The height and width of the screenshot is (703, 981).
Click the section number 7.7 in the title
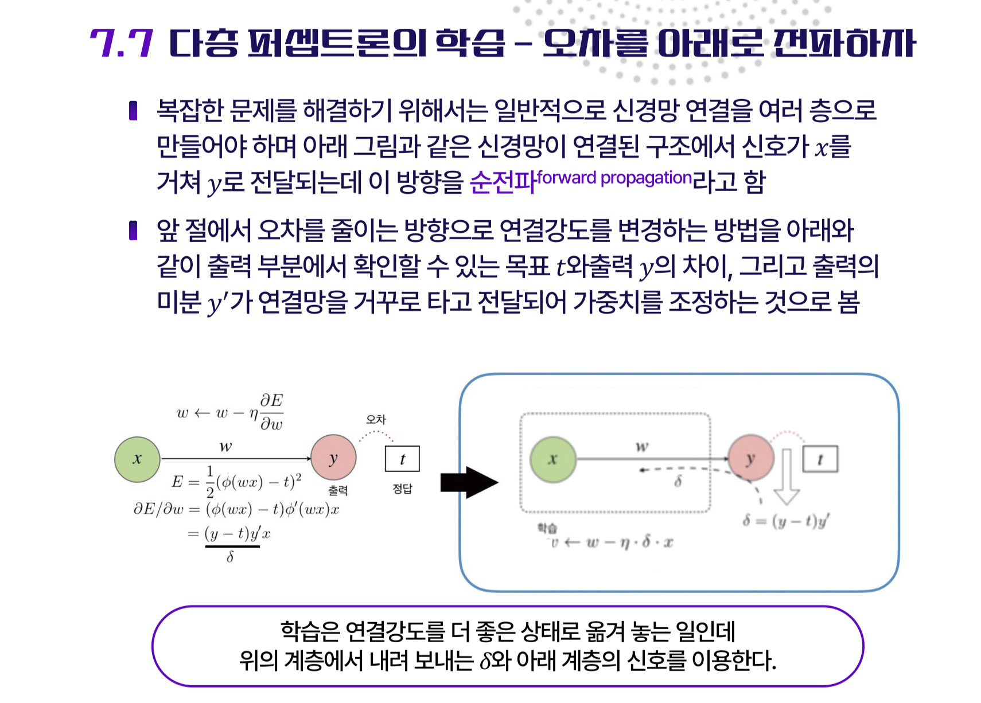click(x=122, y=43)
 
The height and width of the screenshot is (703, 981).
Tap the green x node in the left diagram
click(x=137, y=459)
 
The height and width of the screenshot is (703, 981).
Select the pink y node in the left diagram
click(x=333, y=458)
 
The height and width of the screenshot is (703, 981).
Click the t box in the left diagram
click(x=402, y=459)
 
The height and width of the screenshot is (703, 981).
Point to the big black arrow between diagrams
click(x=469, y=482)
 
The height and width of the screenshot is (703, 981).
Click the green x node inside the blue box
click(x=552, y=459)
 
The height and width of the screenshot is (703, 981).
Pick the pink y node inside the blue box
click(x=750, y=458)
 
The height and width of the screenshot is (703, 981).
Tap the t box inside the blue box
click(x=820, y=459)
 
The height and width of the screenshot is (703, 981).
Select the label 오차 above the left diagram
click(x=376, y=420)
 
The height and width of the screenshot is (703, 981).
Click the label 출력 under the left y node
click(x=338, y=490)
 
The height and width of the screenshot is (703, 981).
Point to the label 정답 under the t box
click(x=402, y=489)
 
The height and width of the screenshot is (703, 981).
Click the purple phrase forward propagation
click(x=614, y=178)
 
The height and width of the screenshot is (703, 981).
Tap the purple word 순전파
click(x=503, y=182)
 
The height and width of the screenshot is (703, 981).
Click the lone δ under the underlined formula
click(x=230, y=557)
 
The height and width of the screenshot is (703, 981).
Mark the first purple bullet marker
click(x=134, y=110)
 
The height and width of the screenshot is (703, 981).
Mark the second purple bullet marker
click(x=134, y=230)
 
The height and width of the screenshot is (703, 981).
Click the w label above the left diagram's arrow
click(x=225, y=446)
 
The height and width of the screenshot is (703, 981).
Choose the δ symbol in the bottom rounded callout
click(x=485, y=661)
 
